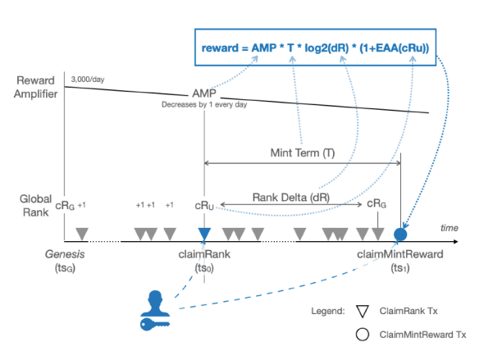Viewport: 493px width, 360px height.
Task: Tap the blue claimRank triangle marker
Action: tap(204, 234)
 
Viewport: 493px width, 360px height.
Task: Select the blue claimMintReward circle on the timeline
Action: tap(400, 235)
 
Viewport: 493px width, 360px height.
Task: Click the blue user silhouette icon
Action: tap(155, 303)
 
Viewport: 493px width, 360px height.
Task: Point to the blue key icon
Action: tap(155, 324)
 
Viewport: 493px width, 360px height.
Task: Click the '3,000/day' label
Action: tap(88, 80)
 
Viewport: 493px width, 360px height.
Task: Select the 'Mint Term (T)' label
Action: tap(303, 153)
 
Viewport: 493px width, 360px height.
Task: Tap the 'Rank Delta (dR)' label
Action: tap(291, 198)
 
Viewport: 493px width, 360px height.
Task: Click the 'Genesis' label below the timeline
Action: tap(65, 254)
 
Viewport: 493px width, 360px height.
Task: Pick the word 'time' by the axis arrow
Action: tap(450, 228)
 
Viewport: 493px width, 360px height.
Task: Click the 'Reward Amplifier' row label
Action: tap(35, 87)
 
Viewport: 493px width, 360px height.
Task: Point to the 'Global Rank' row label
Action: tap(35, 206)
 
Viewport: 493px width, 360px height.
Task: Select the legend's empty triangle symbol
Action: tap(363, 312)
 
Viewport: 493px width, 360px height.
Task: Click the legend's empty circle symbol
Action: tap(363, 335)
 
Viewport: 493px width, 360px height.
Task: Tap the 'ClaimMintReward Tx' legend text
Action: tap(422, 335)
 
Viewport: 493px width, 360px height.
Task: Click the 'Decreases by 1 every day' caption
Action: tap(204, 105)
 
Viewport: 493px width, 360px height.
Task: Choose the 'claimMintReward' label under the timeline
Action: tap(400, 254)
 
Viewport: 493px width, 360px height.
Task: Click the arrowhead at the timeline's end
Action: tap(456, 241)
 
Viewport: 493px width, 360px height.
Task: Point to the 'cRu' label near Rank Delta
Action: tap(204, 206)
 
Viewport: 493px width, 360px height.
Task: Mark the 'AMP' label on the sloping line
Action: tap(204, 93)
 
